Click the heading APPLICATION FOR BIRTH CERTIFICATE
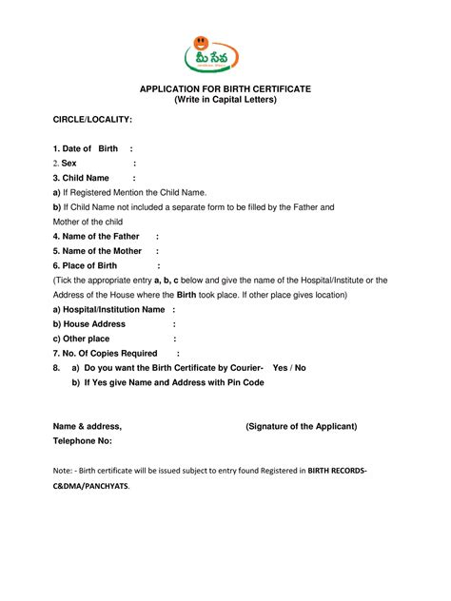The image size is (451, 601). (x=225, y=88)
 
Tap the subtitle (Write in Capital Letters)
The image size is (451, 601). (x=225, y=100)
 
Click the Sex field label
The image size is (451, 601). (x=69, y=164)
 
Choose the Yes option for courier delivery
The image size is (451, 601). (x=280, y=367)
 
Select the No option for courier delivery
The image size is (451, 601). (x=300, y=367)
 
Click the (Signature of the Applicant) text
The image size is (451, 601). (x=301, y=426)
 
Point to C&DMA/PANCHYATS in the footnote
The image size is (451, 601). (x=90, y=486)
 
